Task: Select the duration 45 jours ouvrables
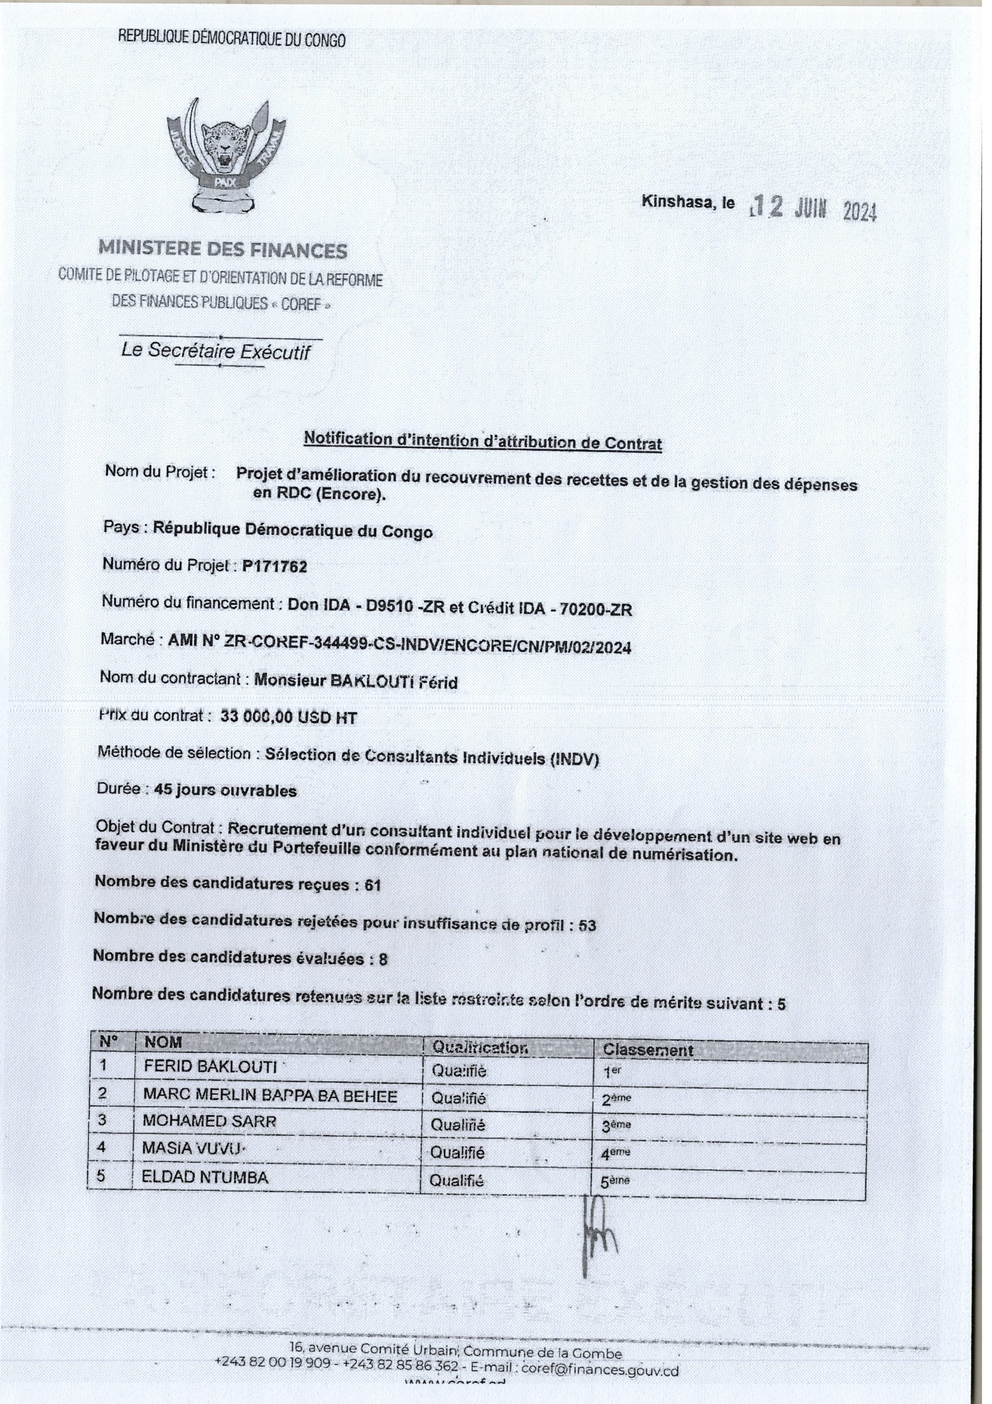pos(226,791)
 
